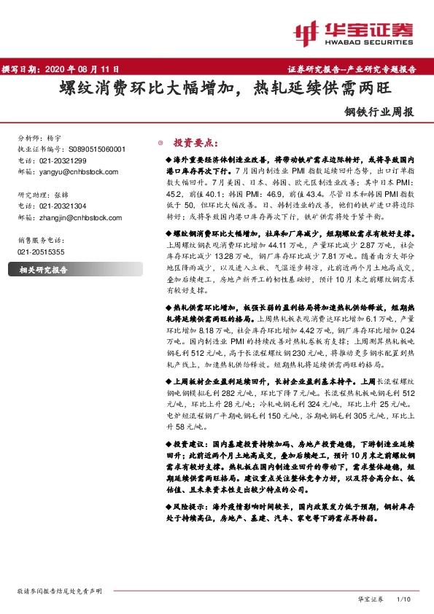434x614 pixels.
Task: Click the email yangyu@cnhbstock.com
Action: pos(76,171)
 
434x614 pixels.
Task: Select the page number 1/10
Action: pos(403,598)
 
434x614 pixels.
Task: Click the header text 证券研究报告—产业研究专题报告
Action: pos(357,70)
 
